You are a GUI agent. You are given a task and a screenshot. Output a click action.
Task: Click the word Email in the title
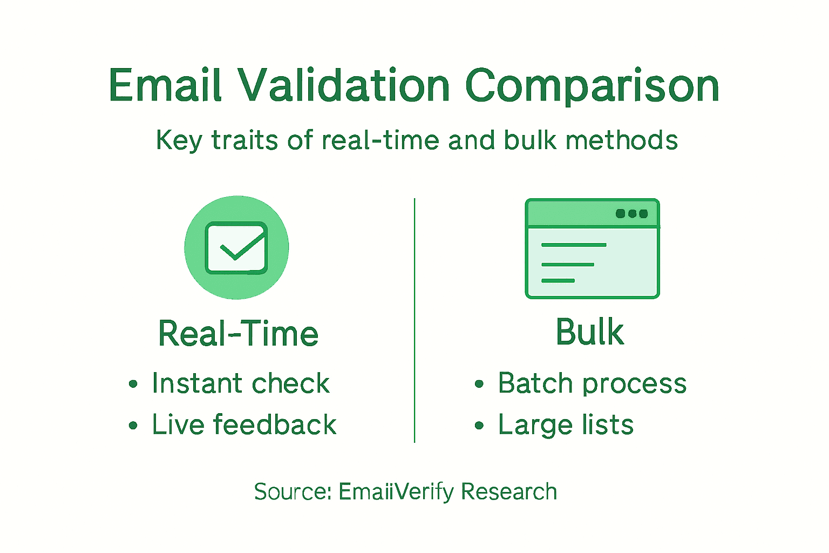(x=165, y=85)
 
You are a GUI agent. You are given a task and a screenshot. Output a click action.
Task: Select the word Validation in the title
(x=344, y=85)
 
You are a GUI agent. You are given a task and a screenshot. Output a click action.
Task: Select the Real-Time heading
(x=238, y=333)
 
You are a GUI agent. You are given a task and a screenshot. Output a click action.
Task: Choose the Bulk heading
(x=590, y=332)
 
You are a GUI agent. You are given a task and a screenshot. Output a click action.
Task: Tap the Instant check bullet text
(x=240, y=383)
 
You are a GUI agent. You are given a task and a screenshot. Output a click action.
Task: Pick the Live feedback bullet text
(x=244, y=424)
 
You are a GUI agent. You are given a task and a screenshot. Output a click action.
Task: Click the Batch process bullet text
(x=592, y=383)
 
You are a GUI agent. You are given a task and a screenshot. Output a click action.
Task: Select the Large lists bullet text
(x=566, y=424)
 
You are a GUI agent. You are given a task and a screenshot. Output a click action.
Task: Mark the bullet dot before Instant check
(x=133, y=385)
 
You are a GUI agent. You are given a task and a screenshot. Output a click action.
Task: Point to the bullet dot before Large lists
(x=479, y=426)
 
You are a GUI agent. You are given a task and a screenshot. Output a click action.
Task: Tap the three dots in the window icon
(x=631, y=213)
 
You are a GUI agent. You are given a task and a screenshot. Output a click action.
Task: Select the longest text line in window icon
(x=574, y=245)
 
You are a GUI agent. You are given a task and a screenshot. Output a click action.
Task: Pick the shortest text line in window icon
(x=558, y=281)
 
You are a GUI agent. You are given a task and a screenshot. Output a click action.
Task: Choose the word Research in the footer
(x=509, y=491)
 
